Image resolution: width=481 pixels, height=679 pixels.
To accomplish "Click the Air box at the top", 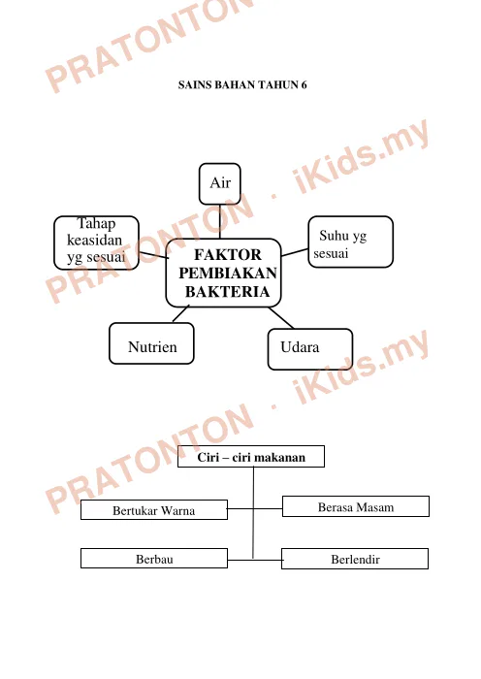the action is click(220, 183).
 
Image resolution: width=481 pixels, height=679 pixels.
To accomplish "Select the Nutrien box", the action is click(151, 343).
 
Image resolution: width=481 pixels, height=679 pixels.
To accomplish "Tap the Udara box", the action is click(310, 349).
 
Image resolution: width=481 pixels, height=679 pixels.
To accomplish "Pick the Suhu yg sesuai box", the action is click(351, 242).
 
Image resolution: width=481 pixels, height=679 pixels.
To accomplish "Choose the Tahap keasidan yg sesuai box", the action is click(96, 242).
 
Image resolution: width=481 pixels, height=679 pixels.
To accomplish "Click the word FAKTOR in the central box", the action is click(228, 254).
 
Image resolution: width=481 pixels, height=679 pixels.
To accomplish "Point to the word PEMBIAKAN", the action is click(228, 274).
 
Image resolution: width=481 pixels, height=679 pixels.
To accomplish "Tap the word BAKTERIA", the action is click(227, 292).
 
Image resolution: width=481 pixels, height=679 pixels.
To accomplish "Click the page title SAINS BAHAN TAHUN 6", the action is click(242, 85).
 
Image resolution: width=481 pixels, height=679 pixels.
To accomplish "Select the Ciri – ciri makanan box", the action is click(251, 457).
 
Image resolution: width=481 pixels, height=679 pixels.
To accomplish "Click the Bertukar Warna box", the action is click(154, 509).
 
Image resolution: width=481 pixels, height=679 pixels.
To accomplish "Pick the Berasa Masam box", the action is click(356, 506).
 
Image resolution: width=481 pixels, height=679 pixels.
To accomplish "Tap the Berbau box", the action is click(154, 558).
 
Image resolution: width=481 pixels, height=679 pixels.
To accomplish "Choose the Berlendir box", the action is click(355, 559).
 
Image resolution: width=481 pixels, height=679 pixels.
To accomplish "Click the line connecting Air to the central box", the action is click(220, 221).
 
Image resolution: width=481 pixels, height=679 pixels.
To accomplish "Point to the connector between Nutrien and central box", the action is click(181, 313).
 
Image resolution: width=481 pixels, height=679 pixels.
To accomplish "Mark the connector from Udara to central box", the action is click(281, 318).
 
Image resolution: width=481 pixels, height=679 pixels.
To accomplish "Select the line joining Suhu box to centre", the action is click(295, 252).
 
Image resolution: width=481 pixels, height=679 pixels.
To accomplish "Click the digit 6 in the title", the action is click(304, 85).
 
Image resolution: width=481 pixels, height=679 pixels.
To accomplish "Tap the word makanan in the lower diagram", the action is click(283, 457).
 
